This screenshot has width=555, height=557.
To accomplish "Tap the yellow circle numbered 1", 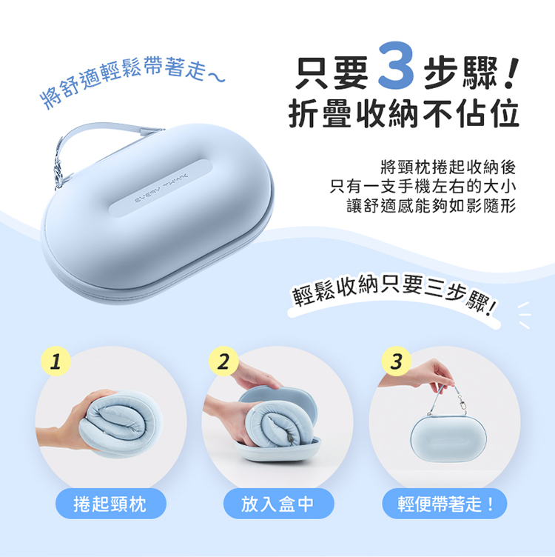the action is coord(55,361).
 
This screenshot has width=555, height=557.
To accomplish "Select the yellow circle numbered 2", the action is coord(223,361).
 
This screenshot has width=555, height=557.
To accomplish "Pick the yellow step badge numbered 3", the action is coord(397,361).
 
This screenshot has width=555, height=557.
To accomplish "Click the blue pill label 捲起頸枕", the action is coord(111,504).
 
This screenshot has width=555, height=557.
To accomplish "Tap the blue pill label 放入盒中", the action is coord(278,504).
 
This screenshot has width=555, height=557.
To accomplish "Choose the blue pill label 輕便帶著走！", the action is coord(444,504).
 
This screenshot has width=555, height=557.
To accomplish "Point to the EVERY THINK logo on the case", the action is coord(161,189).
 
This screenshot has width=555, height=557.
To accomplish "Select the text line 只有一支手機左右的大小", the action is coord(423,187).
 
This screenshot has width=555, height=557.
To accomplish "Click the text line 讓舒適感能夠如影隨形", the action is coord(431,206).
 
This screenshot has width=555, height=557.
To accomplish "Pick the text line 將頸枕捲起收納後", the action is coord(448,167).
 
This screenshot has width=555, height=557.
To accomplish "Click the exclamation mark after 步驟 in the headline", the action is coord(511,73).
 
